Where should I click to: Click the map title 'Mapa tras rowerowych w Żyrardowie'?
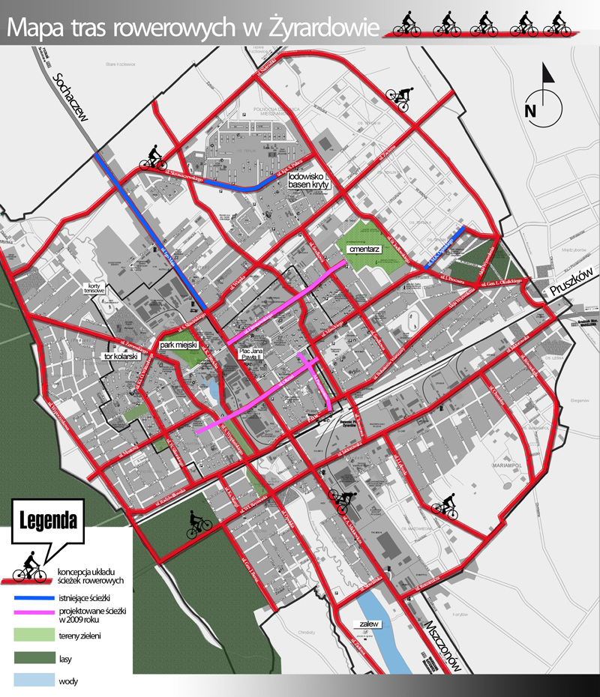pyautogui.click(x=193, y=28)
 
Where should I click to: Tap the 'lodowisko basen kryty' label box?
pyautogui.click(x=309, y=183)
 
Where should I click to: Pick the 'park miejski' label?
pyautogui.click(x=178, y=344)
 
